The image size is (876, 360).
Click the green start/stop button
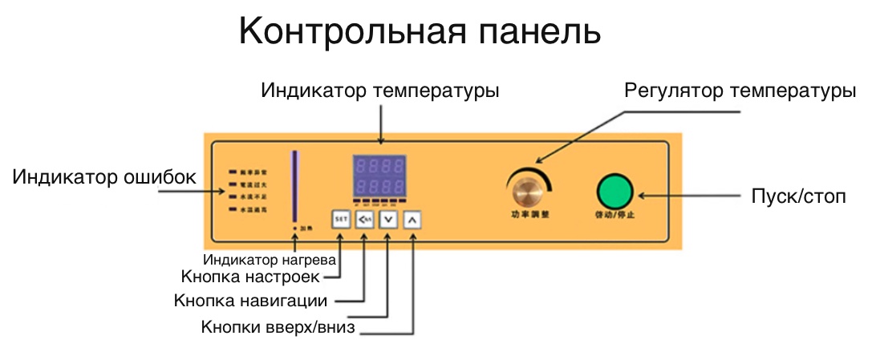coord(614,192)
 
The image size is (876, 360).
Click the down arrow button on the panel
coord(387,218)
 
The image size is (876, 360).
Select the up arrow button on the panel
coord(412,218)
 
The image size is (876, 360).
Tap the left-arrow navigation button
coord(364,218)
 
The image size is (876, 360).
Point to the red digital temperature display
coord(380,176)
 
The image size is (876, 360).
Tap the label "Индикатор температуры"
coord(380,91)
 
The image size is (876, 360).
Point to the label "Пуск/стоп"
coord(798,196)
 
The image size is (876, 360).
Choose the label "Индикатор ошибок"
coord(104,176)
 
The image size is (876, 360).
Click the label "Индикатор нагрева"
coord(269,260)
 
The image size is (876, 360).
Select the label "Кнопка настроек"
coord(251,277)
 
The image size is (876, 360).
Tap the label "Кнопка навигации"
coord(250,301)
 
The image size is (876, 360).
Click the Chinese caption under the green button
coord(614,215)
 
